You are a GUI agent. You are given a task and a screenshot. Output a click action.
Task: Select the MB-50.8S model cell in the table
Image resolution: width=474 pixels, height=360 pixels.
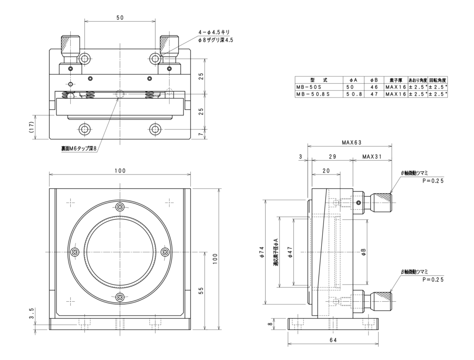(x=313, y=94)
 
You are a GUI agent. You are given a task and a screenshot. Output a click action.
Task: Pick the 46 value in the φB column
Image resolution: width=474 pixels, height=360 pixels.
(x=374, y=87)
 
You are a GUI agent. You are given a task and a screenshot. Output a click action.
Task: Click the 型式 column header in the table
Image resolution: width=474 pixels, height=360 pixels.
(x=316, y=80)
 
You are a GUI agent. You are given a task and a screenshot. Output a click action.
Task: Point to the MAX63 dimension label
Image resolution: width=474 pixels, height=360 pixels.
(x=351, y=143)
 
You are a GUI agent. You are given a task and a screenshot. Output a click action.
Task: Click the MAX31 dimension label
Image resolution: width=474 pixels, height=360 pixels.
(x=372, y=157)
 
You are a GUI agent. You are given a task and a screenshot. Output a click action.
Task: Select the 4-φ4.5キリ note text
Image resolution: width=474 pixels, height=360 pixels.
(x=214, y=32)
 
